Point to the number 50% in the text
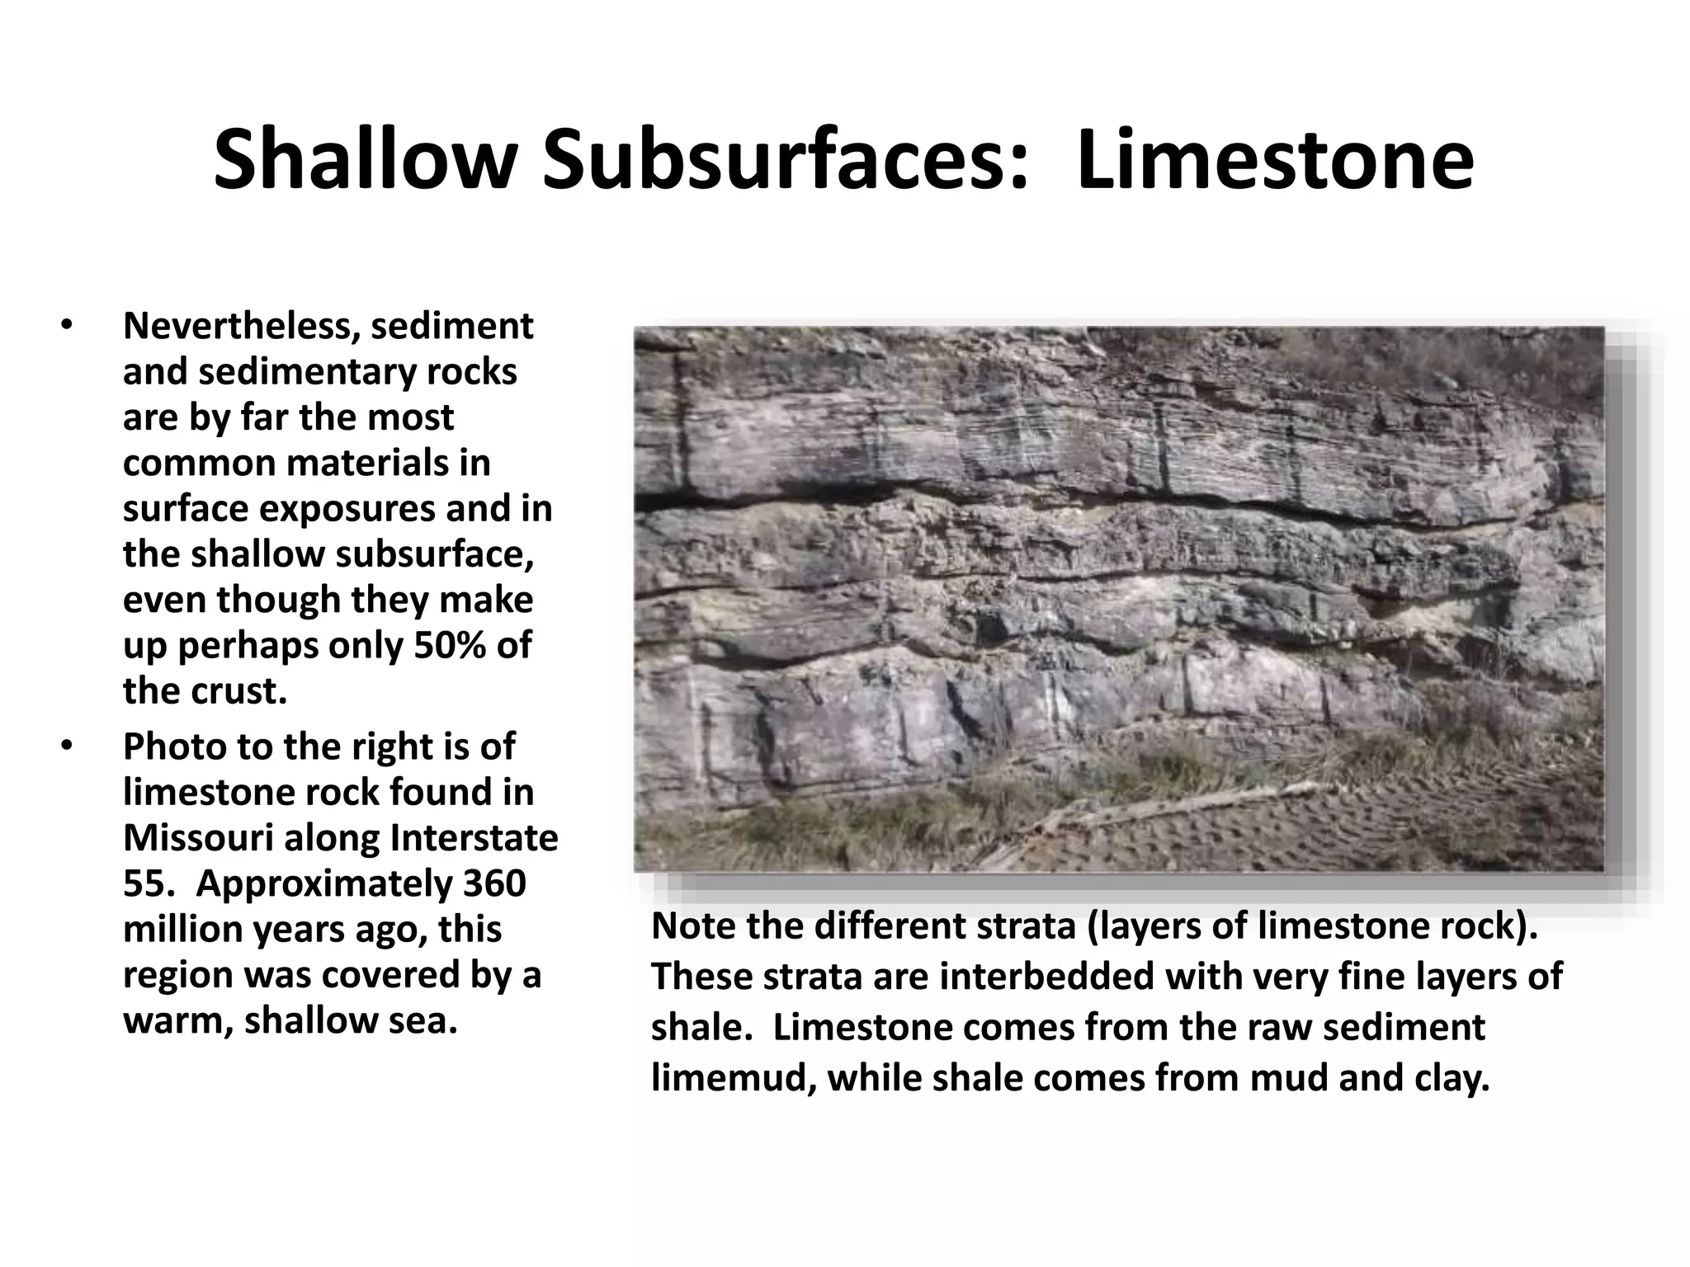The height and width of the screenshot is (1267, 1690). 448,646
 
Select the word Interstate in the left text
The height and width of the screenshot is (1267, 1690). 474,839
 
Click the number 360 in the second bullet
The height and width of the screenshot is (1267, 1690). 494,884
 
